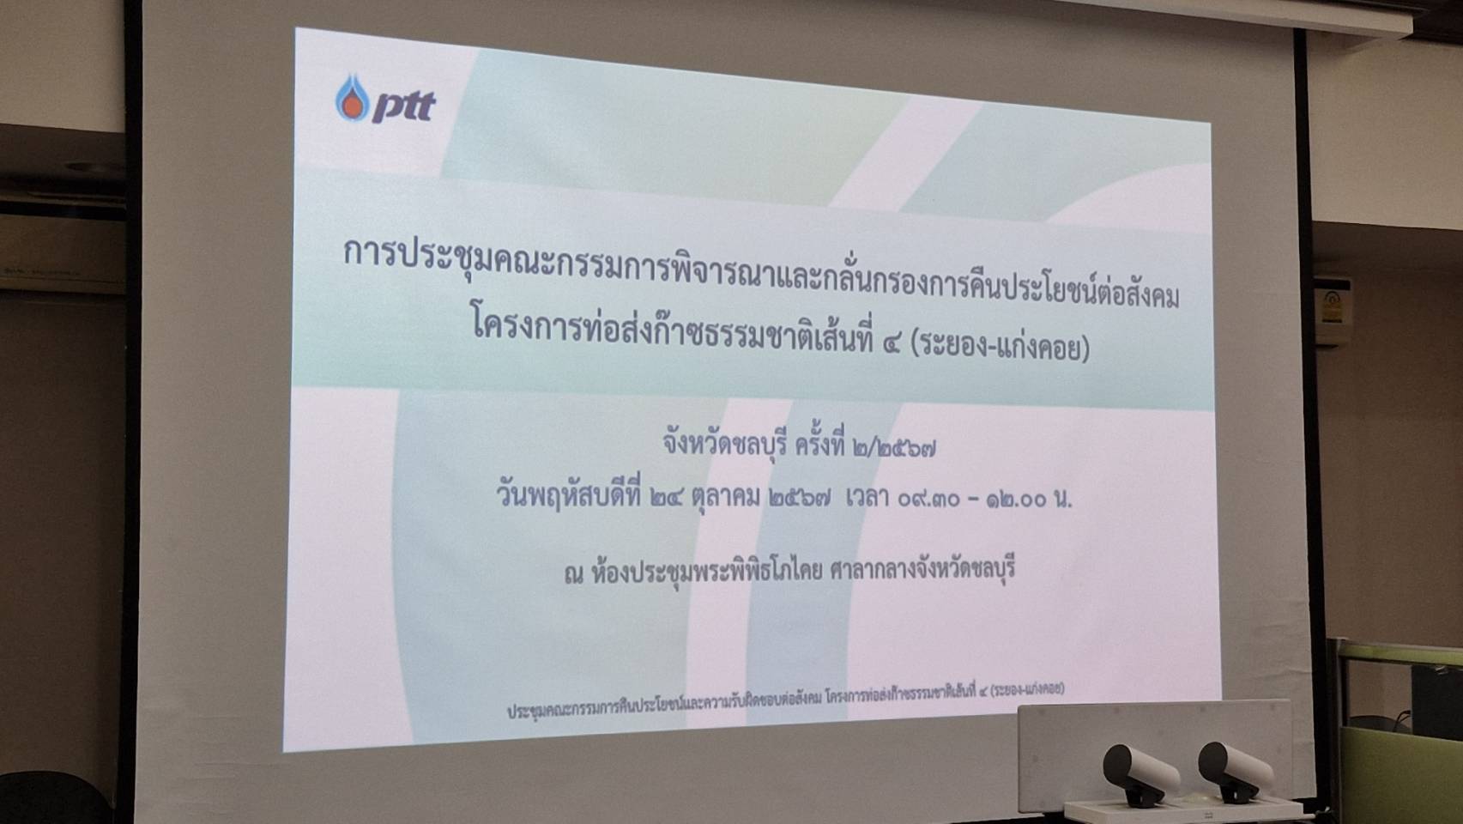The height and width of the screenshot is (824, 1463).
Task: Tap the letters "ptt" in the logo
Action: (x=403, y=107)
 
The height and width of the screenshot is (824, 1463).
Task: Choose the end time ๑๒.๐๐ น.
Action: (x=1029, y=499)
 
